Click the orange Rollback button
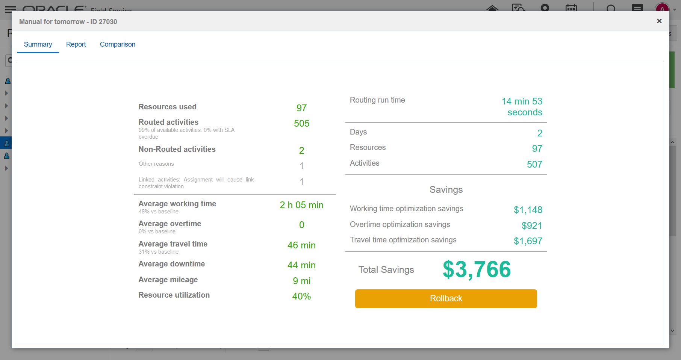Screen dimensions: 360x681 [446, 298]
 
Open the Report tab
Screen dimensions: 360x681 [76, 44]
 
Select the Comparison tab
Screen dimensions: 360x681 [118, 44]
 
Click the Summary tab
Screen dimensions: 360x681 [38, 44]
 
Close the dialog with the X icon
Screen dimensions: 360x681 [659, 21]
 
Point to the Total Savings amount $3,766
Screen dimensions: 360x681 [477, 269]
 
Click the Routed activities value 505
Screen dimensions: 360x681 [301, 124]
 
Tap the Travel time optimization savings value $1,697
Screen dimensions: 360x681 [528, 241]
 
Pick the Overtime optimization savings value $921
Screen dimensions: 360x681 [531, 225]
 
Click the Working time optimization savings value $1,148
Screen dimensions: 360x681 [528, 210]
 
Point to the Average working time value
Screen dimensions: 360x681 [301, 205]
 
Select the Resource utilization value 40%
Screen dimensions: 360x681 [301, 296]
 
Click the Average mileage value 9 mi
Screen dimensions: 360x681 [301, 281]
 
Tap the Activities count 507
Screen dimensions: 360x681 [534, 164]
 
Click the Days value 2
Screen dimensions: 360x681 [539, 133]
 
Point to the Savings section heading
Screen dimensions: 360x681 [446, 190]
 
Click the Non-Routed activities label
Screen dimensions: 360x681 [177, 149]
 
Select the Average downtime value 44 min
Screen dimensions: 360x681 [301, 265]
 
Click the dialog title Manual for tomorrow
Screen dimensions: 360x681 [68, 22]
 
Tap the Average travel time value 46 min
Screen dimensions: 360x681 [301, 245]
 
